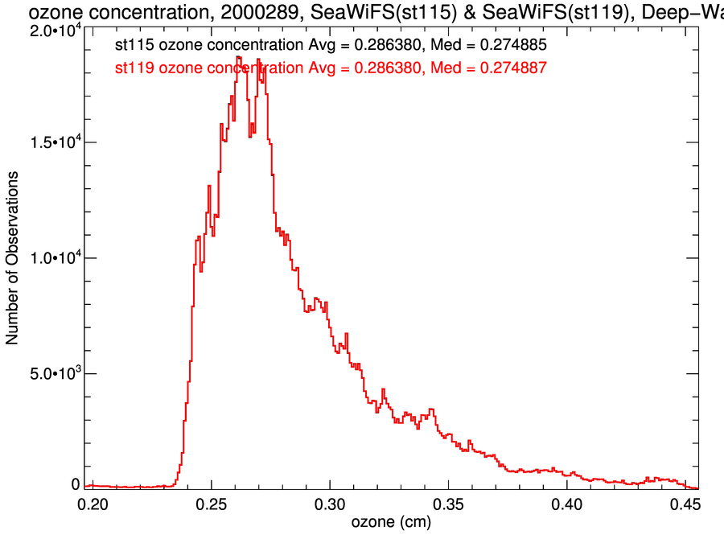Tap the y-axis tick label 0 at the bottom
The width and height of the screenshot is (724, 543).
point(76,484)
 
